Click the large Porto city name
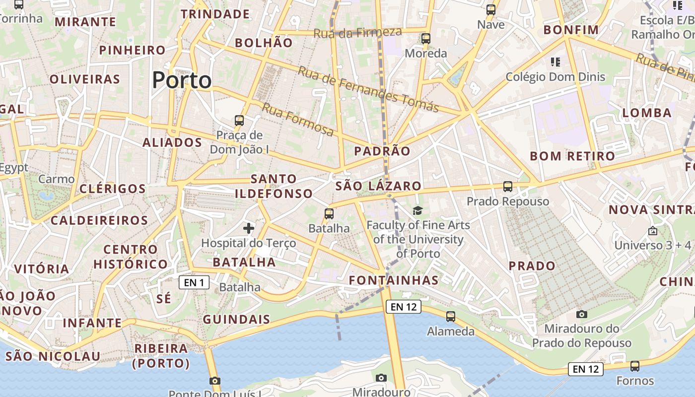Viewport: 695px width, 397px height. (x=182, y=80)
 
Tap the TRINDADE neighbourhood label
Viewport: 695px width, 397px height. (x=215, y=14)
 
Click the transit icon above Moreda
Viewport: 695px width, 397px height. (x=425, y=39)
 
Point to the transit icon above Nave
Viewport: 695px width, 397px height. (x=491, y=10)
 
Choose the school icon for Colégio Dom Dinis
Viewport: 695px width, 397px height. (x=556, y=63)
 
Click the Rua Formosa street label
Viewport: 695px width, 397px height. (x=298, y=120)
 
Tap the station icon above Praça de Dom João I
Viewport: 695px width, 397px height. (x=239, y=120)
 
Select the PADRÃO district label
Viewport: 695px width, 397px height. (x=382, y=151)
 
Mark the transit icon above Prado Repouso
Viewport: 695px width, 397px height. (x=507, y=187)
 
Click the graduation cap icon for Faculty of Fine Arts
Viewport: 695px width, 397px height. (x=417, y=211)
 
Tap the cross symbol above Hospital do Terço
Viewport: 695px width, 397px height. (x=249, y=228)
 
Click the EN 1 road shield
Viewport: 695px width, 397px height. (x=194, y=283)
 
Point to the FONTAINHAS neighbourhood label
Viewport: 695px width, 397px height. (x=394, y=280)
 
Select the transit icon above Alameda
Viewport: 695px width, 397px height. (x=451, y=317)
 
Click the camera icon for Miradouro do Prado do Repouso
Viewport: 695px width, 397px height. (x=582, y=314)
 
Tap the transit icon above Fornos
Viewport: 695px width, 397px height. (x=635, y=367)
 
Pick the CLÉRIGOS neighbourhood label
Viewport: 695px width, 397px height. (x=113, y=189)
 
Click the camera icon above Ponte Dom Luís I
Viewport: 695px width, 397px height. (x=214, y=381)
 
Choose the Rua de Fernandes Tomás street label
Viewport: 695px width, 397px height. (x=368, y=89)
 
